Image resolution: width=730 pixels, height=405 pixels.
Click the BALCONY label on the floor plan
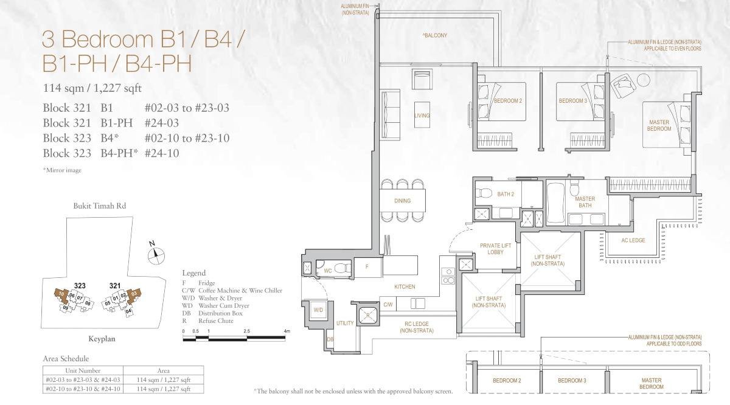[x=435, y=35]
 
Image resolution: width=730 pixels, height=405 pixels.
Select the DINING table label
[x=402, y=201]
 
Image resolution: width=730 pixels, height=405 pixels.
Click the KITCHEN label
[x=405, y=286]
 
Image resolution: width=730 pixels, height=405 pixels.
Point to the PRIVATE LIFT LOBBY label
[x=495, y=249]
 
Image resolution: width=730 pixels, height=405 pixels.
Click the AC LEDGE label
[x=633, y=240]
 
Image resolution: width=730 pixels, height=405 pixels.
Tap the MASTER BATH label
[x=585, y=202]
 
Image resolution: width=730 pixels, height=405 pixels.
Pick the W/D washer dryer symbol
[x=318, y=310]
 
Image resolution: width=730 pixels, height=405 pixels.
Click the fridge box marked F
[x=367, y=266]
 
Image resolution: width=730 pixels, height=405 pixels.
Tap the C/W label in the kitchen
[x=388, y=303]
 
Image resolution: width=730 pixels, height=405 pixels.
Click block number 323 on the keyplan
[x=79, y=285]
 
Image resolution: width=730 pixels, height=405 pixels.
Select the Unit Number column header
[x=83, y=370]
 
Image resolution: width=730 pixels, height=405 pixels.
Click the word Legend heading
[x=194, y=273]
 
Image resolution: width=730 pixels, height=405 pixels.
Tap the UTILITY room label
[x=345, y=323]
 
